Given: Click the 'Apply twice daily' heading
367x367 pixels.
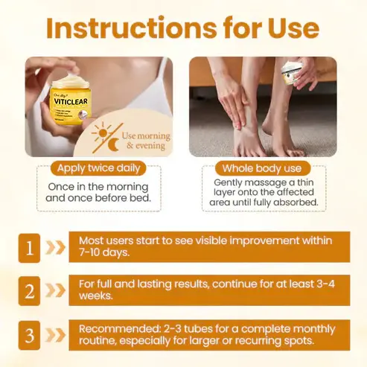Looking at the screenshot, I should pos(92,168).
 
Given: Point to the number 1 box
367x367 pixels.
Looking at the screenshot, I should pos(28,248).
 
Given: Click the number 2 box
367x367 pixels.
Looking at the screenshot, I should pos(28,291).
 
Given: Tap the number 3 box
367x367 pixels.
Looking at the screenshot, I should pos(28,335).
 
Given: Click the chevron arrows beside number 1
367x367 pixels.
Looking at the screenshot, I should pos(56,248).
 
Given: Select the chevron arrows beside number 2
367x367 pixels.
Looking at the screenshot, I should pos(56,291).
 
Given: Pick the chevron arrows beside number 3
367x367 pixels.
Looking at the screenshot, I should pos(56,335).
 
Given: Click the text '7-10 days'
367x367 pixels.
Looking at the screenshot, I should pos(103,253).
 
